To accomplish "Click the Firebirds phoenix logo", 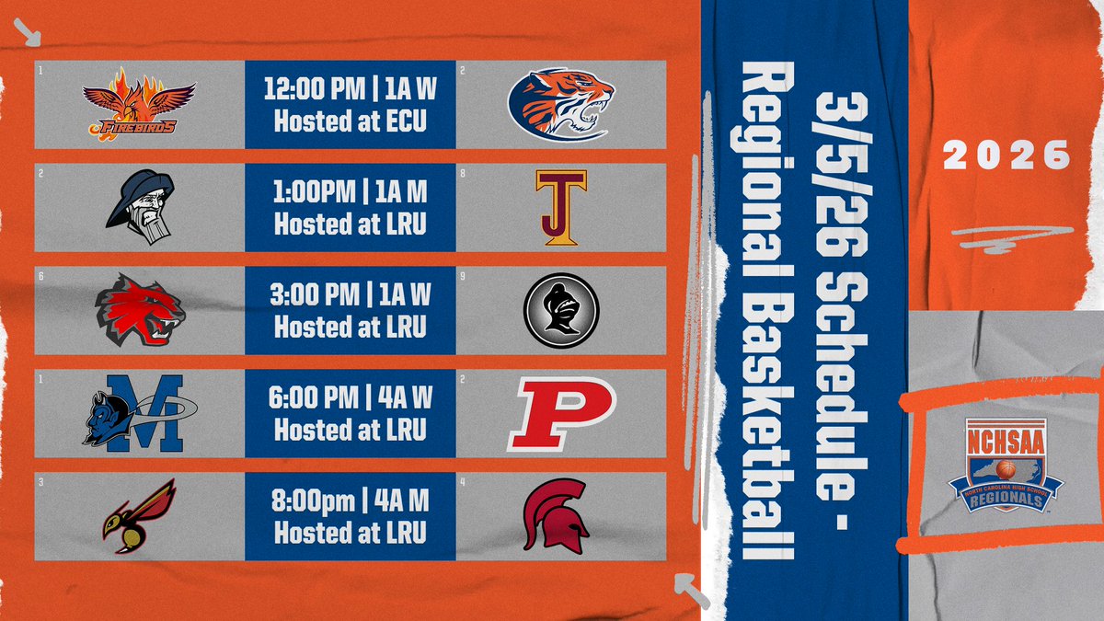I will pos(139,104).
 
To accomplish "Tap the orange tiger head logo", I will pos(560,104).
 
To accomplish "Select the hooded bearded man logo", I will pos(139,208).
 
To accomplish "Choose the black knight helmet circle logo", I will pos(561,311).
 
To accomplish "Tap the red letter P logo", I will pos(560,414).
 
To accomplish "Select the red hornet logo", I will pos(139,517).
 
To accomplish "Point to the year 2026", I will pos(1007,155).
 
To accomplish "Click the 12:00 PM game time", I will pos(305,90).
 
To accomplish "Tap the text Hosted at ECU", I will pos(351,121).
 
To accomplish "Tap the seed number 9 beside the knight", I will pos(462,274).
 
